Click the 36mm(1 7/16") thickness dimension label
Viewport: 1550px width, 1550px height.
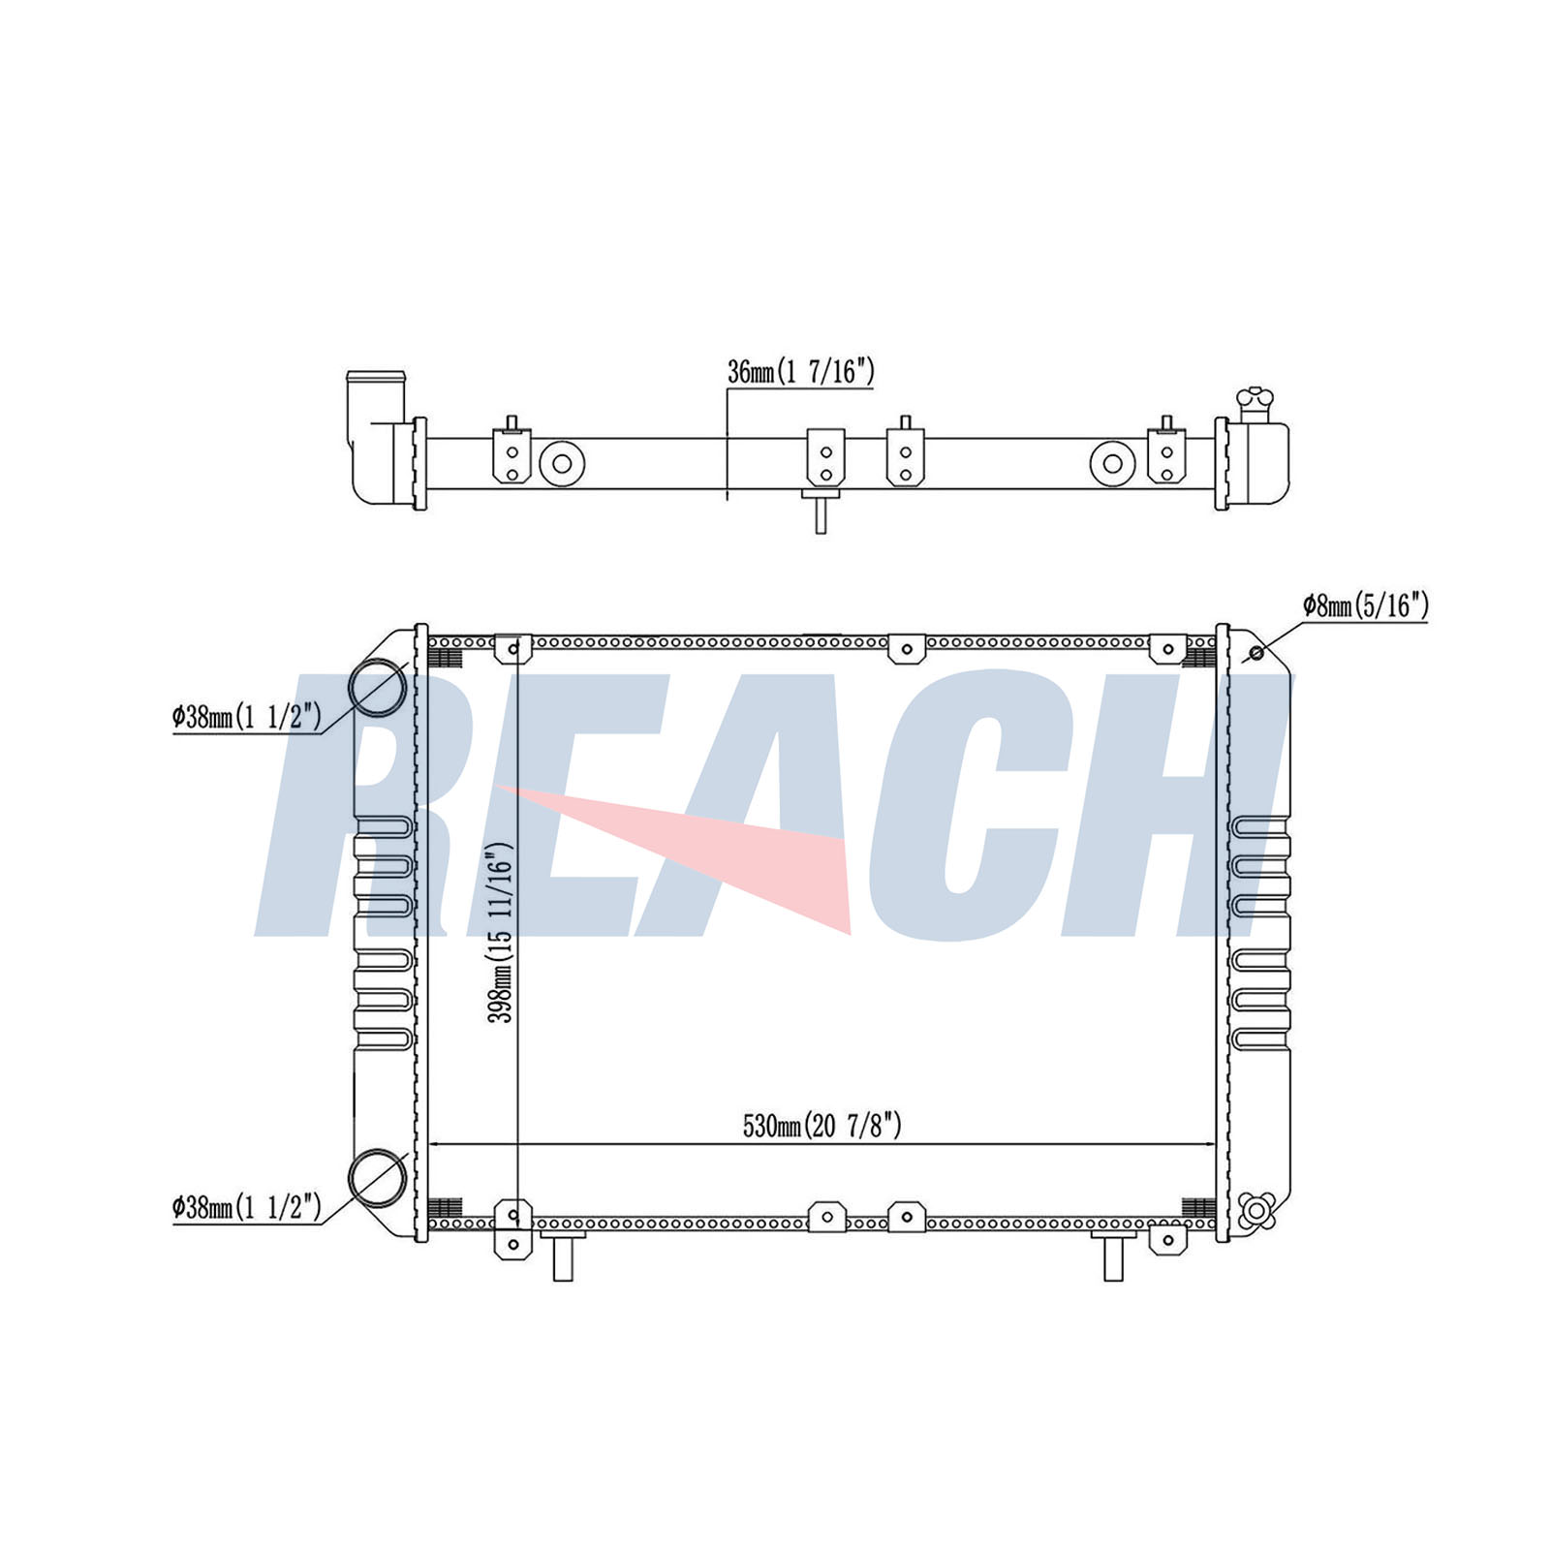pyautogui.click(x=801, y=372)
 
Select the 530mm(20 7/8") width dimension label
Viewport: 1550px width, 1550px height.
pyautogui.click(x=822, y=1126)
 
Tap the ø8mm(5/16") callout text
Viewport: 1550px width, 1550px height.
pyautogui.click(x=1365, y=606)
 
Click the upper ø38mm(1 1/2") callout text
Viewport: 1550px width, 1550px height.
pyautogui.click(x=246, y=718)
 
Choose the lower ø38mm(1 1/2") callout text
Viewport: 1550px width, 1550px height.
pyautogui.click(x=246, y=1207)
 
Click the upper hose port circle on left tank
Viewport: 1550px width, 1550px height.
pyautogui.click(x=378, y=688)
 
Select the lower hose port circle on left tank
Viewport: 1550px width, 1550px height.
pyautogui.click(x=378, y=1178)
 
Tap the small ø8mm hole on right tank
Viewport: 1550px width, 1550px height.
pyautogui.click(x=1256, y=653)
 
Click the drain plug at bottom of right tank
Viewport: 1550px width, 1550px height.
pyautogui.click(x=1256, y=1210)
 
